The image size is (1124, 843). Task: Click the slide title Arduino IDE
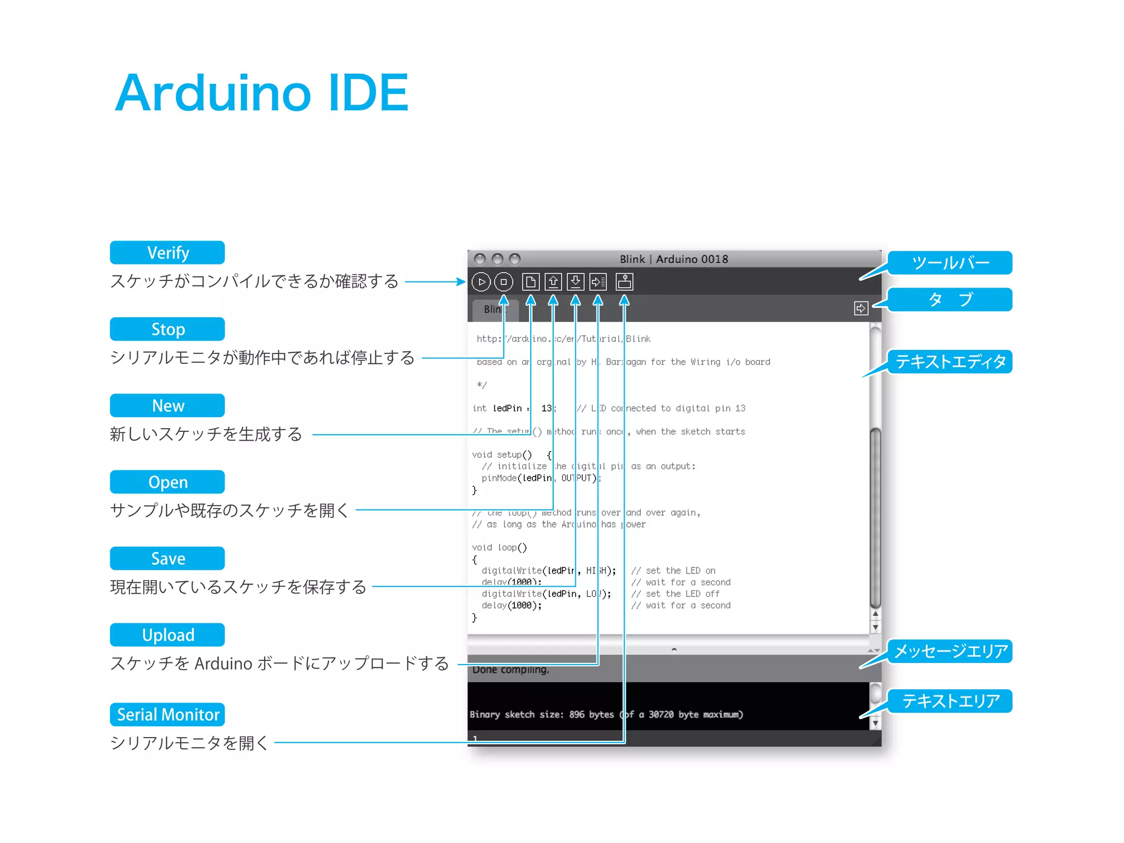point(261,93)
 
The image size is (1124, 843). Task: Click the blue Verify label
point(167,252)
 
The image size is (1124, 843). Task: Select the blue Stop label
point(167,329)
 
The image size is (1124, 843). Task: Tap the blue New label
point(167,406)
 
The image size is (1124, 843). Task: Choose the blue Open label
point(167,482)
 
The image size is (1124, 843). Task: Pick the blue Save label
point(167,558)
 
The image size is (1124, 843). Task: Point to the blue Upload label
point(167,635)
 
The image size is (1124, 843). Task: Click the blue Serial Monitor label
point(167,715)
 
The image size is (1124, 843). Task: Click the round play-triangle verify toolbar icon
point(481,282)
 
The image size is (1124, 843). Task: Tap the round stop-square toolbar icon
point(504,282)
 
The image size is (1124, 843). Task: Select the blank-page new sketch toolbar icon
point(530,282)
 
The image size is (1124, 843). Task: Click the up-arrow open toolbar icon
point(553,282)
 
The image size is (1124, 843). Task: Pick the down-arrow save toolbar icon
point(575,282)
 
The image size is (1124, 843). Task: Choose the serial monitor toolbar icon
point(625,282)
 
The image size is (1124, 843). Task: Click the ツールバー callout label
point(950,263)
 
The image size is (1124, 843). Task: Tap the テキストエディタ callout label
point(950,362)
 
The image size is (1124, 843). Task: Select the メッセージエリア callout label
point(950,651)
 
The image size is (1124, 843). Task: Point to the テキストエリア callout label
point(950,701)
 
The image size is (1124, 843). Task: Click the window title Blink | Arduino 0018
point(674,259)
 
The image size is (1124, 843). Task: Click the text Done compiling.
point(510,670)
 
